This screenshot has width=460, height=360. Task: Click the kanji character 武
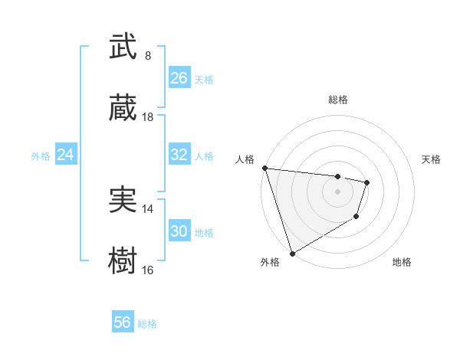tap(123, 47)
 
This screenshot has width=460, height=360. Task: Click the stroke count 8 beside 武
tap(147, 56)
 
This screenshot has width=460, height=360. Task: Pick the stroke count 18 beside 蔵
tap(148, 117)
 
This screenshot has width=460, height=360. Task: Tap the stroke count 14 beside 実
tap(148, 208)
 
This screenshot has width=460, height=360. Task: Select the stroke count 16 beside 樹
tap(148, 270)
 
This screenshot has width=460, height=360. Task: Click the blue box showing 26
tap(179, 78)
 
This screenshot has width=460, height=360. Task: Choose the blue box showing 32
tap(179, 155)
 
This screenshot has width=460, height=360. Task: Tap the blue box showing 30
tap(179, 231)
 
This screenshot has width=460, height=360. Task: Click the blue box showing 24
tap(66, 155)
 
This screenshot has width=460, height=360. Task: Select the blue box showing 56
tap(123, 322)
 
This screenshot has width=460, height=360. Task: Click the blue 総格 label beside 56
tap(147, 324)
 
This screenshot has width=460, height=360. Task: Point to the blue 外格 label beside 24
tap(41, 156)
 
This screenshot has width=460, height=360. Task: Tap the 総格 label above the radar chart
tap(338, 100)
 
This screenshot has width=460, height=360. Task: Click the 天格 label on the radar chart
tap(432, 159)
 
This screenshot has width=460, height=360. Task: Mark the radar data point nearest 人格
tap(264, 168)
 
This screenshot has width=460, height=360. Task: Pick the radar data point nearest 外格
tap(292, 253)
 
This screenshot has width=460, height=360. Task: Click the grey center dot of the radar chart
tap(338, 191)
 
